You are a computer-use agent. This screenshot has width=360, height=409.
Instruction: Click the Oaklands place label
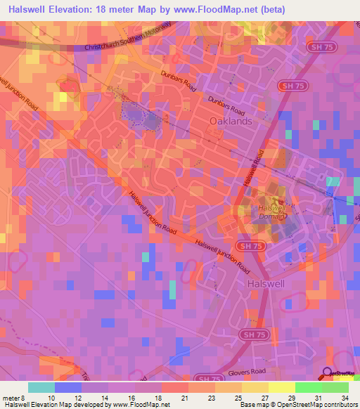click(231, 121)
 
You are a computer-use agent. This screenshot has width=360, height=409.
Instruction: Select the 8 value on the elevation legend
click(22, 398)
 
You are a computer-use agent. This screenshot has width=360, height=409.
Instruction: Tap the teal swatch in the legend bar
click(41, 387)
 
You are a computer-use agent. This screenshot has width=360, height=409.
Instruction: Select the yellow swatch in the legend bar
click(282, 387)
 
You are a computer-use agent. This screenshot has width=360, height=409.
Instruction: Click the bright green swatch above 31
click(308, 387)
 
